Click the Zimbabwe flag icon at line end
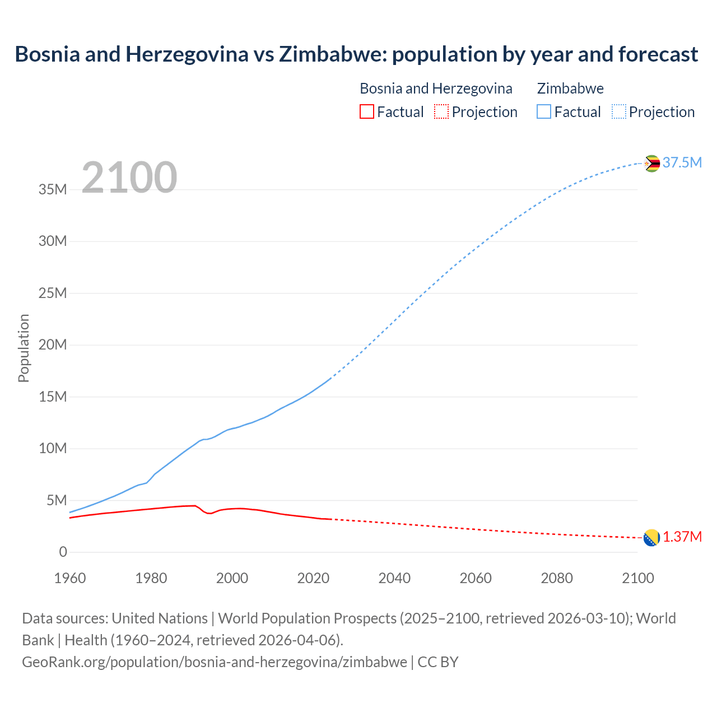651,164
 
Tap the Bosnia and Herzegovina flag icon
651,538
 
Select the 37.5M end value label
682,162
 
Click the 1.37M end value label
682,537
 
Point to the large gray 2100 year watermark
129,178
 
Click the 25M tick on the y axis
53,293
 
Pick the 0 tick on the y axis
63,552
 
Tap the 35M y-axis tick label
53,189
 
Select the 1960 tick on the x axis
70,578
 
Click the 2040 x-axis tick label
394,578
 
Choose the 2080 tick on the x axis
557,578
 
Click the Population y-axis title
24,348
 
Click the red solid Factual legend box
366,111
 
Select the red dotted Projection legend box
441,111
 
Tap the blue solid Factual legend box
544,111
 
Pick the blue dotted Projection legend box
619,111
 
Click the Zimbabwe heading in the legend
570,89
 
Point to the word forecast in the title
658,54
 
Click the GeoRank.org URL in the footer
215,662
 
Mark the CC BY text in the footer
438,662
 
